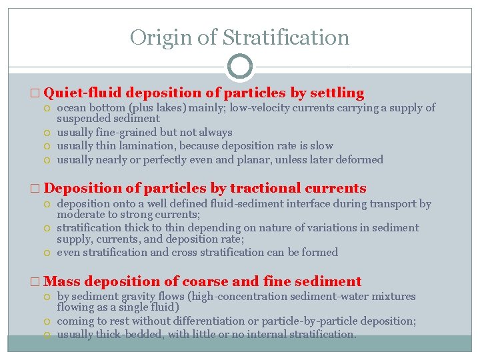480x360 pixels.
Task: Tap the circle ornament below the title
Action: click(x=240, y=67)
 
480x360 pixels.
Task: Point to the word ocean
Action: click(x=72, y=108)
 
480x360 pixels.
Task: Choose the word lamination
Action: click(x=148, y=145)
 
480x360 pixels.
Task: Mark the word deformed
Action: click(x=360, y=159)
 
